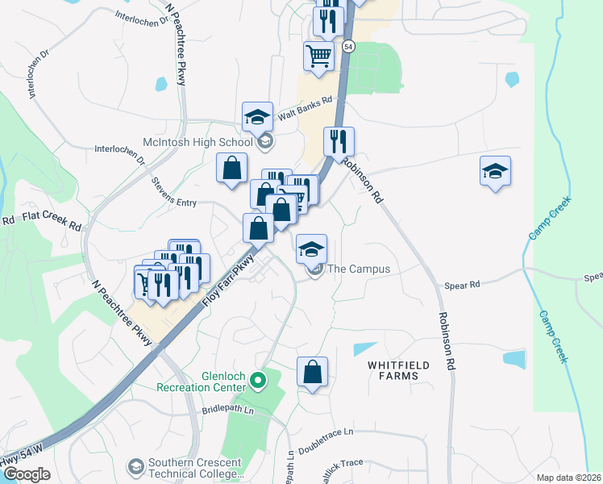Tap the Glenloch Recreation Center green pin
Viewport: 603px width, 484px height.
(x=258, y=379)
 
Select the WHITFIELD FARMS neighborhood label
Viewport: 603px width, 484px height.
(x=393, y=370)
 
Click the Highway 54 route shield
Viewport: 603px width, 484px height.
(x=347, y=46)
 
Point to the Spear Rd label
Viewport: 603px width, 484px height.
(x=463, y=285)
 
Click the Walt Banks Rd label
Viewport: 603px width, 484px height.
(x=305, y=109)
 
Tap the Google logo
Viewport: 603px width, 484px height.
(x=26, y=474)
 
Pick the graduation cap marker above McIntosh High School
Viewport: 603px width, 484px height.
(x=258, y=116)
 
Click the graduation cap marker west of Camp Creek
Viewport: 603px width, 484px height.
(x=495, y=171)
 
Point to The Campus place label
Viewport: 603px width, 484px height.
(x=359, y=269)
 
